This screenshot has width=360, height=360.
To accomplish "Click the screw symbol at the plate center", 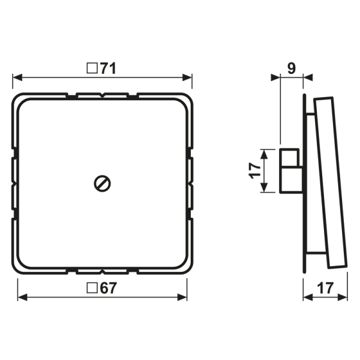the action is (103, 184).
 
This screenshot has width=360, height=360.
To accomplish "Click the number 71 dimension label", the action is (108, 68).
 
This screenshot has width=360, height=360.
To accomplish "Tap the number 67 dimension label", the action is (109, 288).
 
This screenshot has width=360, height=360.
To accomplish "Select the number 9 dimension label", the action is (292, 68).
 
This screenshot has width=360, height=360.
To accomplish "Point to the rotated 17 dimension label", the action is (255, 170).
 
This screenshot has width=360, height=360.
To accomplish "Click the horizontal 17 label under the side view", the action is (325, 288).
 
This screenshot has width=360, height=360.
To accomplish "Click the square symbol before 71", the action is (92, 68).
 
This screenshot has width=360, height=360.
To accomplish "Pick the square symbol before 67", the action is (92, 288).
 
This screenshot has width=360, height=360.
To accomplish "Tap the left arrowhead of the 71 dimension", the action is (17, 77).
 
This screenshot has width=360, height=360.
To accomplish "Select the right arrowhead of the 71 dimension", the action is (187, 77).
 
